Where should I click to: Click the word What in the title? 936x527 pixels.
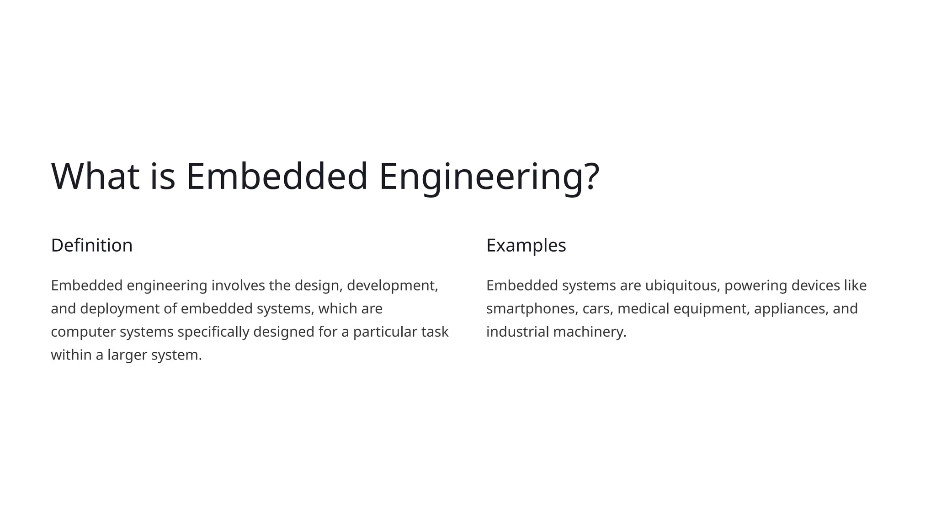click(x=95, y=176)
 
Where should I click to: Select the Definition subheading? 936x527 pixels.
click(x=92, y=246)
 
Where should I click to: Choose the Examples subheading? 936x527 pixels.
click(x=526, y=246)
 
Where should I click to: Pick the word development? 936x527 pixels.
click(x=392, y=285)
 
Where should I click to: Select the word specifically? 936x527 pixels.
click(x=213, y=332)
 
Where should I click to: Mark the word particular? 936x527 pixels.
click(x=385, y=332)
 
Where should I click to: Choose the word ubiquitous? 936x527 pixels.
click(x=682, y=285)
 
